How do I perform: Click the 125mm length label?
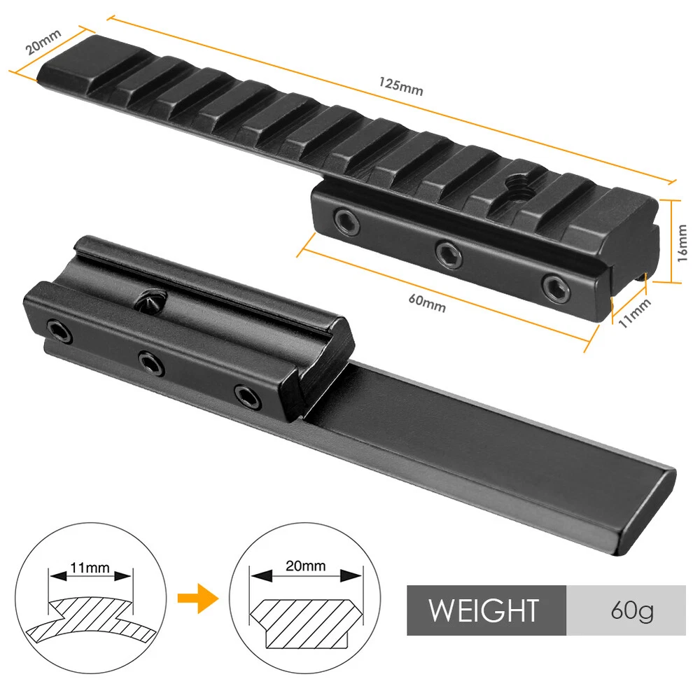coord(400,87)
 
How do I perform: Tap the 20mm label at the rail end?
coord(43,41)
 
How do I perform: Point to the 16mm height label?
coord(682,243)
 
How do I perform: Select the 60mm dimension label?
coord(427,303)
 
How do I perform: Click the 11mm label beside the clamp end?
coord(634,313)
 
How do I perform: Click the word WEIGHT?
coord(484,610)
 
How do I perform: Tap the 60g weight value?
coord(631,610)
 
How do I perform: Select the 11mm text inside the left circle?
coord(90,568)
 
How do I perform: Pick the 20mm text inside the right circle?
coord(305,566)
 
